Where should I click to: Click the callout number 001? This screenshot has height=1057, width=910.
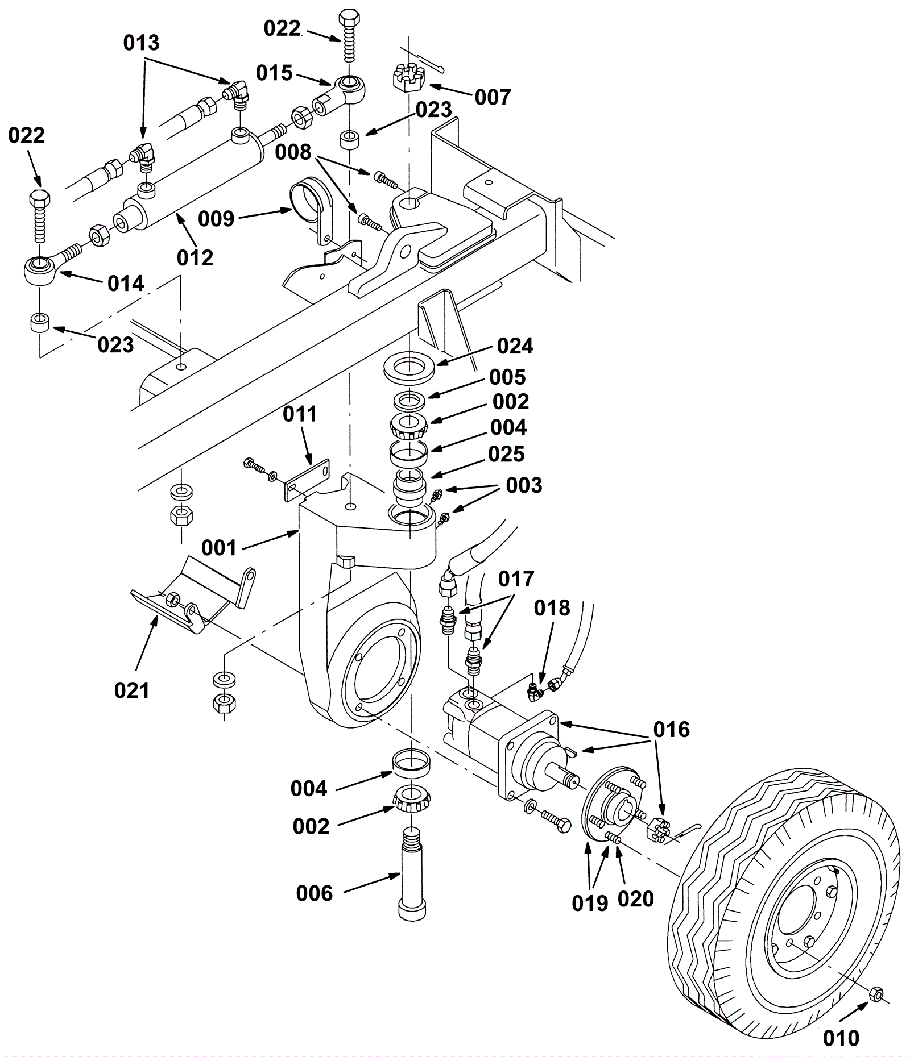pyautogui.click(x=219, y=548)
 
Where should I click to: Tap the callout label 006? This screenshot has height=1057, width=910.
pyautogui.click(x=314, y=894)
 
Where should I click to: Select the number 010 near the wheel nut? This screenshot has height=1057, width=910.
pyautogui.click(x=841, y=1039)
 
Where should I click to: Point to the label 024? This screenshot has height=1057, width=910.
pyautogui.click(x=515, y=346)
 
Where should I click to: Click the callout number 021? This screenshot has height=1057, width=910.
pyautogui.click(x=132, y=690)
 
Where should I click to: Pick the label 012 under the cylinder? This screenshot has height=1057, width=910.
pyautogui.click(x=195, y=258)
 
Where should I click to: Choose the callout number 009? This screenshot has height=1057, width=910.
pyautogui.click(x=217, y=218)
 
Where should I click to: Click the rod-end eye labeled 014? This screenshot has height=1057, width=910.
pyautogui.click(x=39, y=269)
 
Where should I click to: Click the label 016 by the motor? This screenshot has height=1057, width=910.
pyautogui.click(x=671, y=729)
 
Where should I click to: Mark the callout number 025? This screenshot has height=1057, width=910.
pyautogui.click(x=506, y=454)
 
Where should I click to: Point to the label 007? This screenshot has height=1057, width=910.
pyautogui.click(x=493, y=97)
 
